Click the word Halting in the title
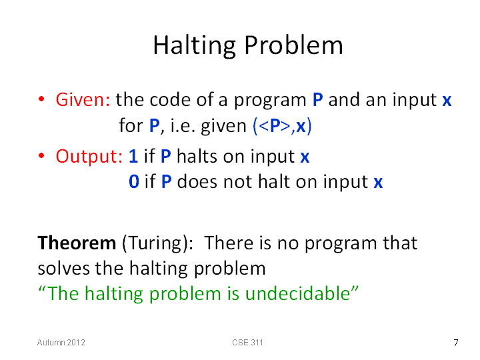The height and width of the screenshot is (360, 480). pos(195,46)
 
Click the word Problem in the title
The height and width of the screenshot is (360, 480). pos(293,45)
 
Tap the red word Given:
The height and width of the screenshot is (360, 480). pos(83,100)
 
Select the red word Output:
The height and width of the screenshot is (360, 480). pos(89,156)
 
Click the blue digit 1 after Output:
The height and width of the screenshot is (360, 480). pos(133,156)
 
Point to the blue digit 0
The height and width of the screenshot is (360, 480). pos(134,181)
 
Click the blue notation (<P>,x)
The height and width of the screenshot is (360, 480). pos(282,126)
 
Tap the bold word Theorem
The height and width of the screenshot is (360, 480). pos(77,243)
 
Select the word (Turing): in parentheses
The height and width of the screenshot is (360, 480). pos(157,244)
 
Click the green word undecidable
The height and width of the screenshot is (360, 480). pos(297,293)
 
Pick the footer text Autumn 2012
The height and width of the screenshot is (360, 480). pos(61,343)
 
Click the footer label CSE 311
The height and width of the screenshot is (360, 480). pos(247,343)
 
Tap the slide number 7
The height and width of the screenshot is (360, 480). pos(456,343)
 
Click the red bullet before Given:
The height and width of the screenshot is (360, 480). pos(41,99)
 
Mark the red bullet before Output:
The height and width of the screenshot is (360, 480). pos(41,155)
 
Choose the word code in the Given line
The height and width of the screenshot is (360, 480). pos(170,100)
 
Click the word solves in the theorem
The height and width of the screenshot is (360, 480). pos(64,269)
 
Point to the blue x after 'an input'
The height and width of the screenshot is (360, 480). pos(447,101)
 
